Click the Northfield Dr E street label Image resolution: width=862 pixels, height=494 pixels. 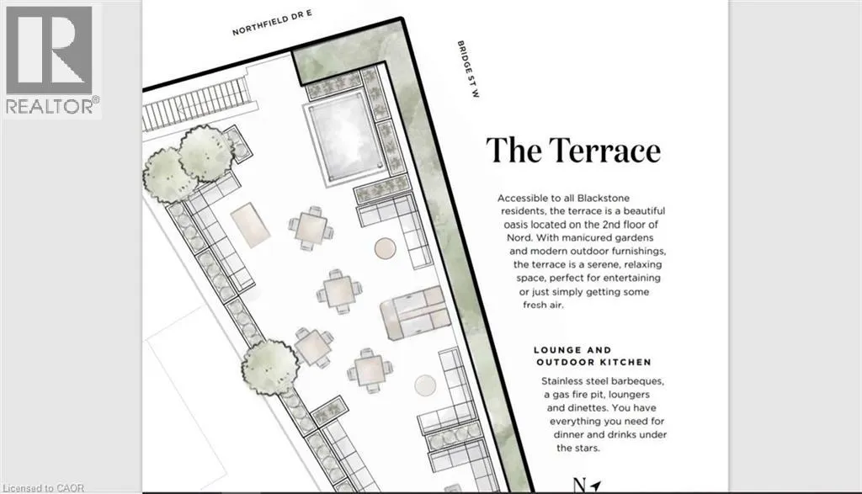click(x=272, y=23)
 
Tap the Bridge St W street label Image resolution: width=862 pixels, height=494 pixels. click(x=468, y=69)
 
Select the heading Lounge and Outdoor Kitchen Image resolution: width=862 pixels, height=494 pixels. click(x=593, y=356)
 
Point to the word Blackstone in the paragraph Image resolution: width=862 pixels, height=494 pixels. click(x=603, y=198)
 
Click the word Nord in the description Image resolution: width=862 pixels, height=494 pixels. click(x=519, y=238)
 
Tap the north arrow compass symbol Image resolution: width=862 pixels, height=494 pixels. click(x=587, y=486)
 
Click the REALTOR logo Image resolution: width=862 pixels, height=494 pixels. click(x=51, y=61)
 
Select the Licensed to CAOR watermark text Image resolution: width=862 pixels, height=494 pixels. click(x=44, y=488)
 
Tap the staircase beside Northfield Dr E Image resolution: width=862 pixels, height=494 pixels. click(x=198, y=104)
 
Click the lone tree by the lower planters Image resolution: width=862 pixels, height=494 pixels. click(x=269, y=367)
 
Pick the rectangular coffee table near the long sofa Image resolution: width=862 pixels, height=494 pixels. click(x=250, y=225)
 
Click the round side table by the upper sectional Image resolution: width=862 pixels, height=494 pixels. click(x=385, y=248)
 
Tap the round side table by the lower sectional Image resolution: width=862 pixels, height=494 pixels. click(x=425, y=385)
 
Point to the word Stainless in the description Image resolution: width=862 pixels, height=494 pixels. click(x=563, y=381)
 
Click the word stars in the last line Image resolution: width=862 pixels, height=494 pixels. click(x=586, y=448)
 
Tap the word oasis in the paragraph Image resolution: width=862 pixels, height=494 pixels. click(x=516, y=225)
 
